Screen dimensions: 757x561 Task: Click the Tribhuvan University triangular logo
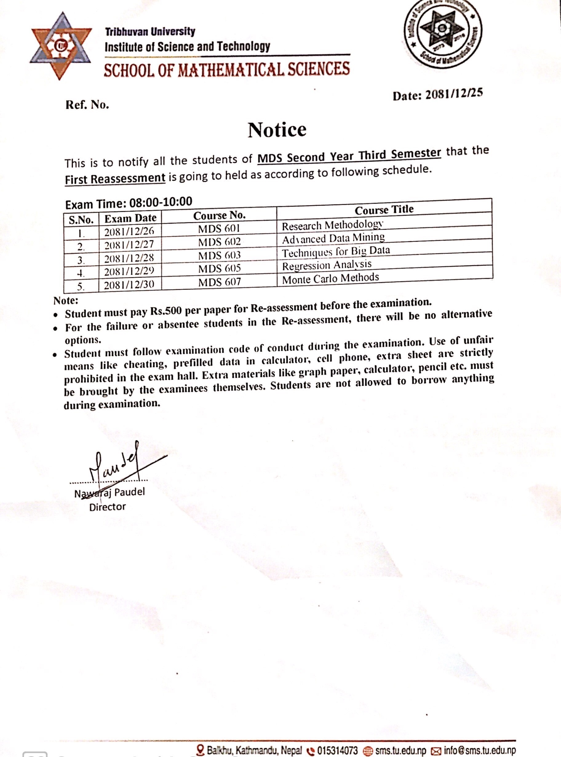pyautogui.click(x=61, y=46)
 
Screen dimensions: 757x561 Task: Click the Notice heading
pyautogui.click(x=277, y=130)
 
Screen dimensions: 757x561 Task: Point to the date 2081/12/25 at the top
pyautogui.click(x=454, y=94)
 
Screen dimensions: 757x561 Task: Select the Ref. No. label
pyautogui.click(x=87, y=105)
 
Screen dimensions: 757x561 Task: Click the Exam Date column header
pyautogui.click(x=130, y=218)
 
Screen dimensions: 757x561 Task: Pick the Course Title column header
pyautogui.click(x=384, y=210)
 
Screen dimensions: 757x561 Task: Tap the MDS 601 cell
pyautogui.click(x=219, y=229)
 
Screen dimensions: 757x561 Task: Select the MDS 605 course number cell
pyautogui.click(x=219, y=269)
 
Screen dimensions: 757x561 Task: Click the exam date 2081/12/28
pyautogui.click(x=129, y=258)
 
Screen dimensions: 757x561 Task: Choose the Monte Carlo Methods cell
pyautogui.click(x=330, y=278)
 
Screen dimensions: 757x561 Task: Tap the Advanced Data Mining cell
pyautogui.click(x=333, y=239)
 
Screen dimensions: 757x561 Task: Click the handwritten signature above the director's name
pyautogui.click(x=115, y=465)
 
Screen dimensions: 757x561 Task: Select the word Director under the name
pyautogui.click(x=107, y=507)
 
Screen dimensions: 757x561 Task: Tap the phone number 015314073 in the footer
pyautogui.click(x=337, y=750)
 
